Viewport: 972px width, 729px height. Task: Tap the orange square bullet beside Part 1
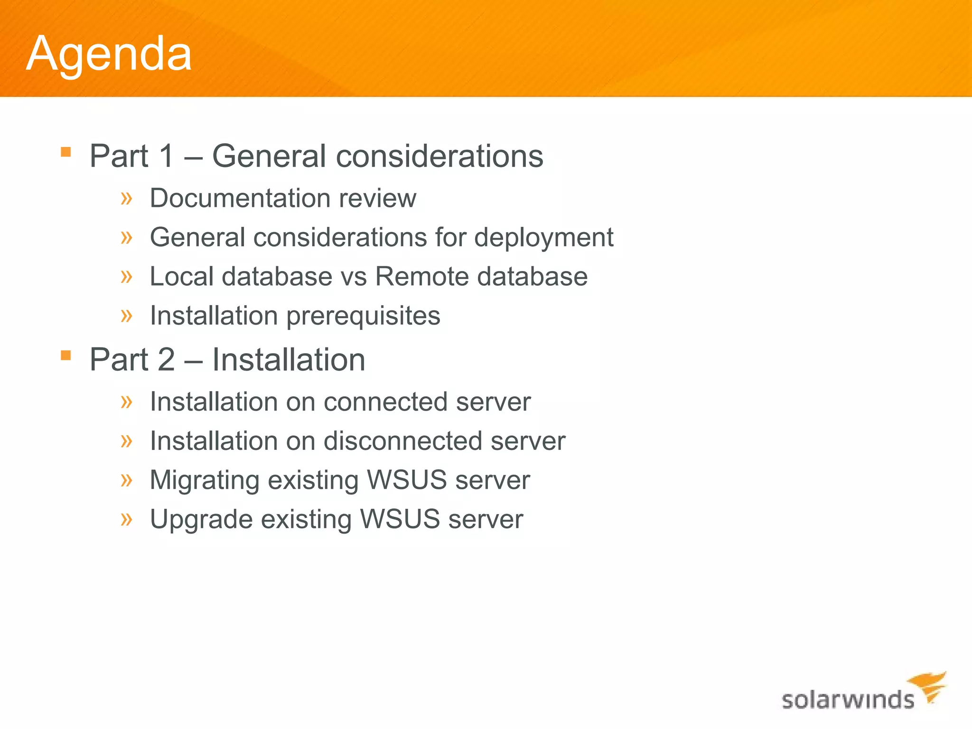point(66,152)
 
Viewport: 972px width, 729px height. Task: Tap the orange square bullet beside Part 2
point(66,355)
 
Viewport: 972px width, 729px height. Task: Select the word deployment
point(543,237)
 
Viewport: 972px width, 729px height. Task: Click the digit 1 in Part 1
point(167,156)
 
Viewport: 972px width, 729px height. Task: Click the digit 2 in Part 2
point(167,359)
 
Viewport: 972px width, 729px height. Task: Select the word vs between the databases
point(354,277)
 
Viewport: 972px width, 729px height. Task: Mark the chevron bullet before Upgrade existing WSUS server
point(126,519)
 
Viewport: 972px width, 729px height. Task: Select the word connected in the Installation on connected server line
point(385,402)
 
